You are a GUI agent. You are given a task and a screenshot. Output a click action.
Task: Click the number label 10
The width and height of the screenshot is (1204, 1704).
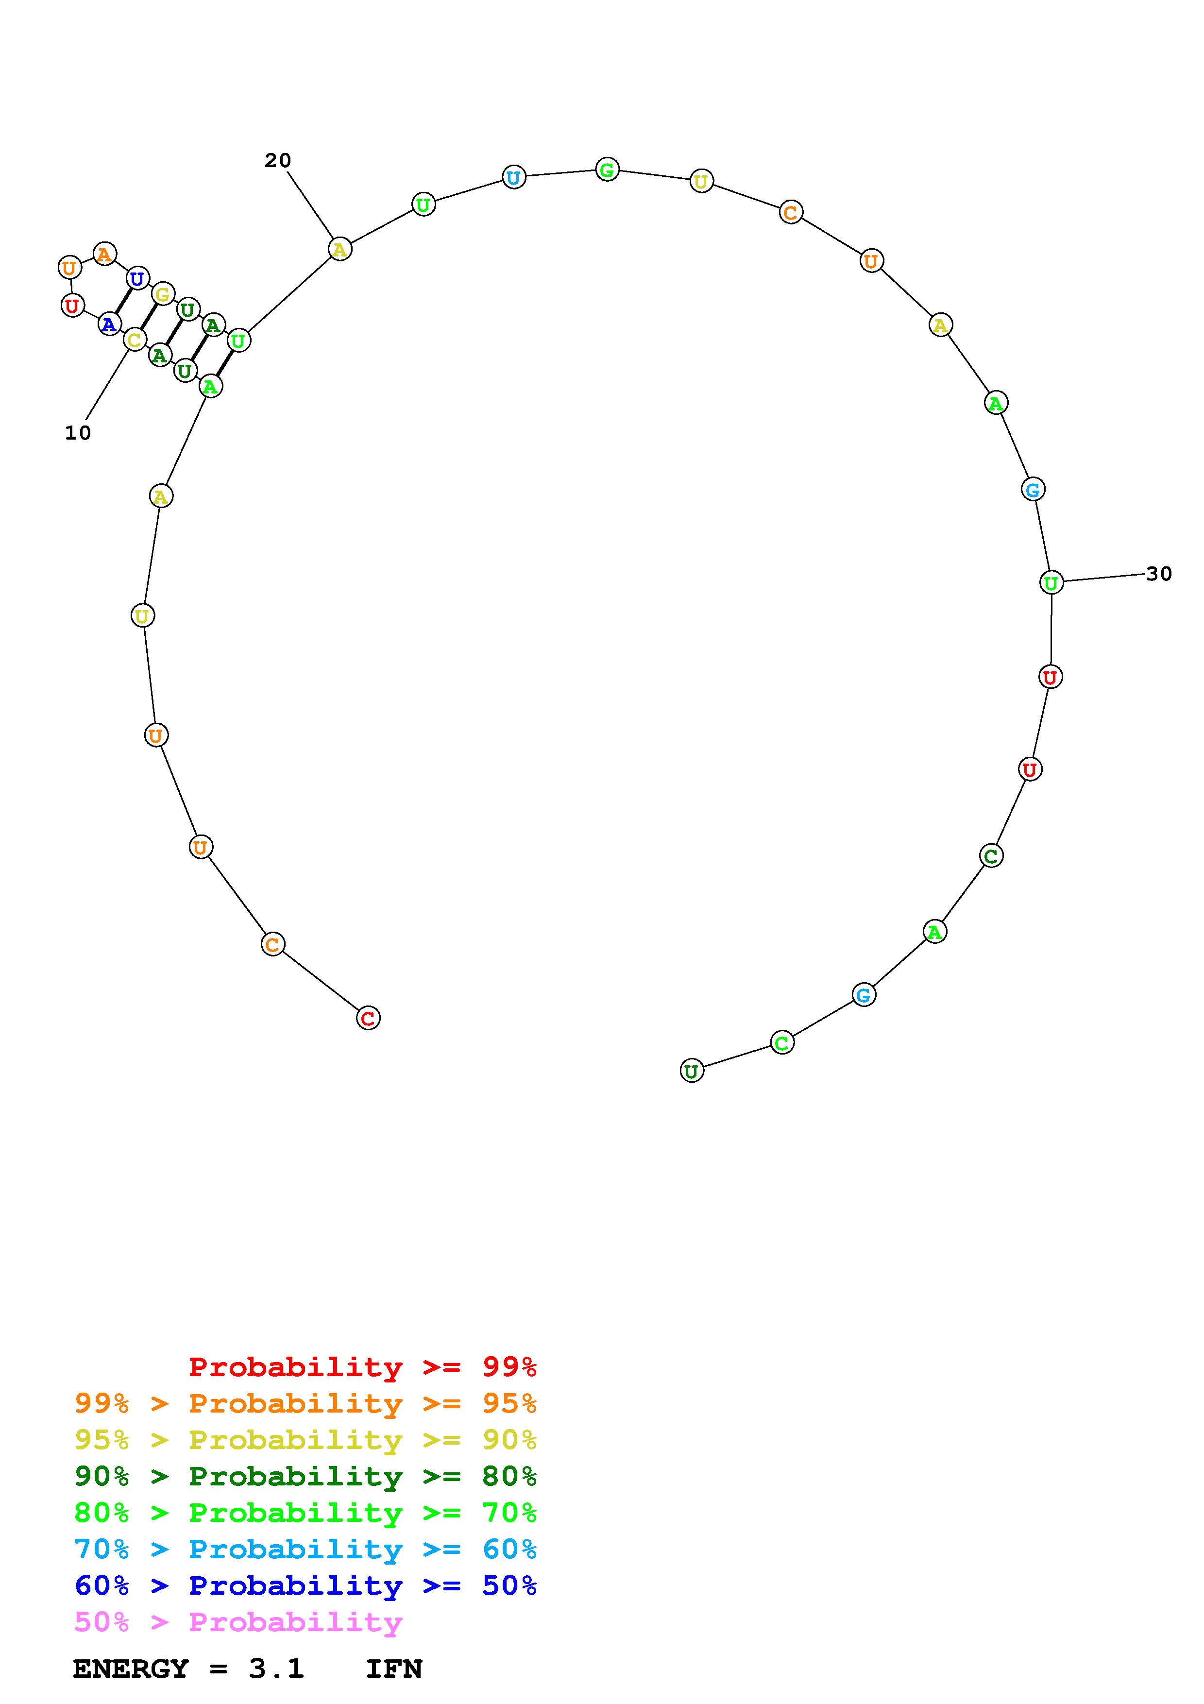[78, 433]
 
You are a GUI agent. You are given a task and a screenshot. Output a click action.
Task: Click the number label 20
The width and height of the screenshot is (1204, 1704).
[278, 160]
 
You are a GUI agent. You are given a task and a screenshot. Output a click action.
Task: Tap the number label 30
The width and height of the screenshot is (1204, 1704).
[1159, 574]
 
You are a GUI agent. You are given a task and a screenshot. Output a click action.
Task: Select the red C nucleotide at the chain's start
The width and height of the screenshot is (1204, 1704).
[368, 1018]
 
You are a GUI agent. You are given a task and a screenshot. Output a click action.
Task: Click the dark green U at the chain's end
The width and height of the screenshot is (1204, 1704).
[692, 1071]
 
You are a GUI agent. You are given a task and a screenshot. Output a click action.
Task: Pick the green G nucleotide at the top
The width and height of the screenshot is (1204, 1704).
[607, 170]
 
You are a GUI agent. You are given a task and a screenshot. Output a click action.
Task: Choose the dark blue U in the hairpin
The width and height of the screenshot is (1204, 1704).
[137, 279]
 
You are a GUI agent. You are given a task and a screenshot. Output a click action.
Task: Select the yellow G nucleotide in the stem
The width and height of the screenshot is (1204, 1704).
[163, 294]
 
